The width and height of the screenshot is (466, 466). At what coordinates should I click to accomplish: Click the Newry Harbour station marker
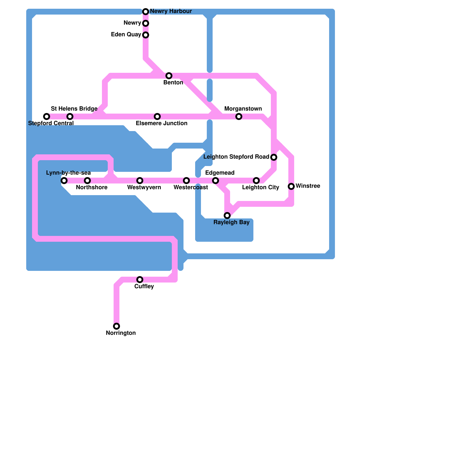146,12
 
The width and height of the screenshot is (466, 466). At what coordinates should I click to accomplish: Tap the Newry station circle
146,23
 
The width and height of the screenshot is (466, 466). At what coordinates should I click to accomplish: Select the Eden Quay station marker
146,35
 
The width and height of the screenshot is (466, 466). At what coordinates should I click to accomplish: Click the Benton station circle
169,76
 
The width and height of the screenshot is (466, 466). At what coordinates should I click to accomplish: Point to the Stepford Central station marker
47,116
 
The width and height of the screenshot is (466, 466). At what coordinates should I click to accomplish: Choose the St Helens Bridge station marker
70,116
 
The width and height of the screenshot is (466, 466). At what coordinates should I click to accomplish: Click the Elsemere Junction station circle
157,116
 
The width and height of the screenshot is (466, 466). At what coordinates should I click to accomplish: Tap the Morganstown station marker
239,116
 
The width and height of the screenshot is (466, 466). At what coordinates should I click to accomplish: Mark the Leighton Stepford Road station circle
274,157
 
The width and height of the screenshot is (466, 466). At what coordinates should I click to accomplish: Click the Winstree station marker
291,186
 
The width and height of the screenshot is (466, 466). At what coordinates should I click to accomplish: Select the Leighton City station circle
256,181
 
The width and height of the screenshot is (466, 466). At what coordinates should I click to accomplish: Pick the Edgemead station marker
216,181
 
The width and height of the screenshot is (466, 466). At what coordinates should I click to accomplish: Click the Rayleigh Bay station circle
227,216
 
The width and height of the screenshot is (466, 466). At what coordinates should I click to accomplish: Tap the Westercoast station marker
186,181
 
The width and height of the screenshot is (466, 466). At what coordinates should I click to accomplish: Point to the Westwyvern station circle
140,181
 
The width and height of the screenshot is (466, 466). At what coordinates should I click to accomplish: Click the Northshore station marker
87,181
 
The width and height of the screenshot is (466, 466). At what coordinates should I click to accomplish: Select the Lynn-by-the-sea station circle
64,181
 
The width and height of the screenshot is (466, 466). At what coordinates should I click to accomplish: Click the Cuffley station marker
140,280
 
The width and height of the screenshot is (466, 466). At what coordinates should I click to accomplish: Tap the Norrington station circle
116,326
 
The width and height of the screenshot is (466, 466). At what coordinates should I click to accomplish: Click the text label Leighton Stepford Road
236,157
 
